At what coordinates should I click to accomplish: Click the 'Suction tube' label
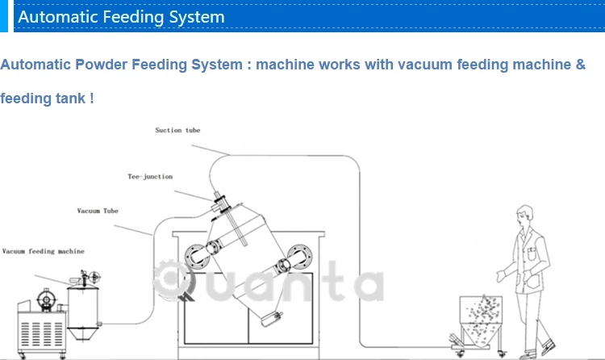click(177, 129)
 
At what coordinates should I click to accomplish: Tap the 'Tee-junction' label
click(150, 176)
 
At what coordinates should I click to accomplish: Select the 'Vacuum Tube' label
click(98, 211)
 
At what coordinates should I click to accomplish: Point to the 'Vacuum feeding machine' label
click(43, 252)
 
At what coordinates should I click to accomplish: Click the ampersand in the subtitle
click(580, 65)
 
